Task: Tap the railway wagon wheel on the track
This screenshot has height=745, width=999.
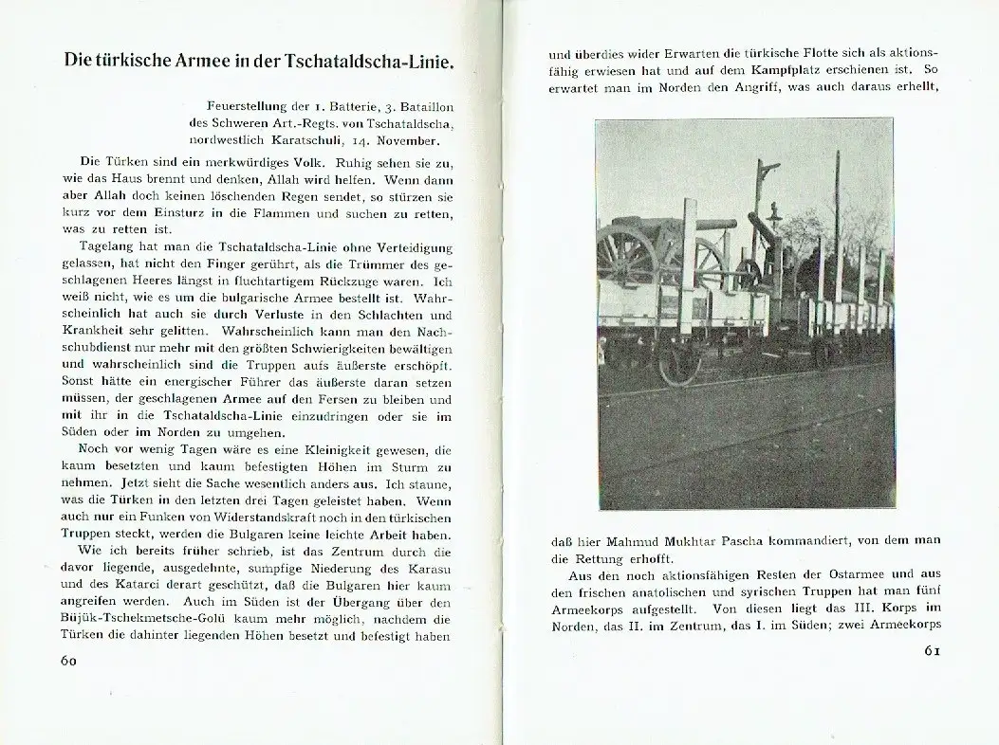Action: click(679, 361)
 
